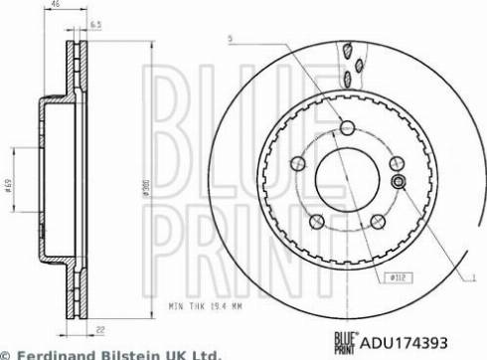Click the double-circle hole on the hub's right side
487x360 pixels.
(398, 182)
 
